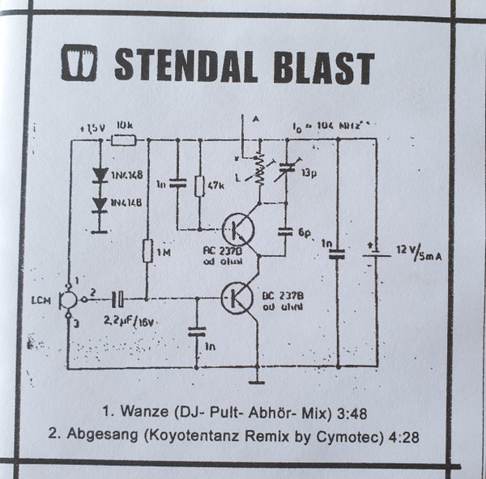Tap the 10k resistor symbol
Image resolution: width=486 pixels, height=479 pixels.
pos(123,140)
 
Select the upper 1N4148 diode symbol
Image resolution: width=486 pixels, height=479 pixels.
pos(101,173)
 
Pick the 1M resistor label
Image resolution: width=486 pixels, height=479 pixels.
pos(164,253)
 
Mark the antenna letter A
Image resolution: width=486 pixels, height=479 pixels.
pos(256,119)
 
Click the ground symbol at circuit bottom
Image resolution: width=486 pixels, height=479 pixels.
pos(258,377)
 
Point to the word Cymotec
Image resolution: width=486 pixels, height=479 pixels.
pos(356,437)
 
